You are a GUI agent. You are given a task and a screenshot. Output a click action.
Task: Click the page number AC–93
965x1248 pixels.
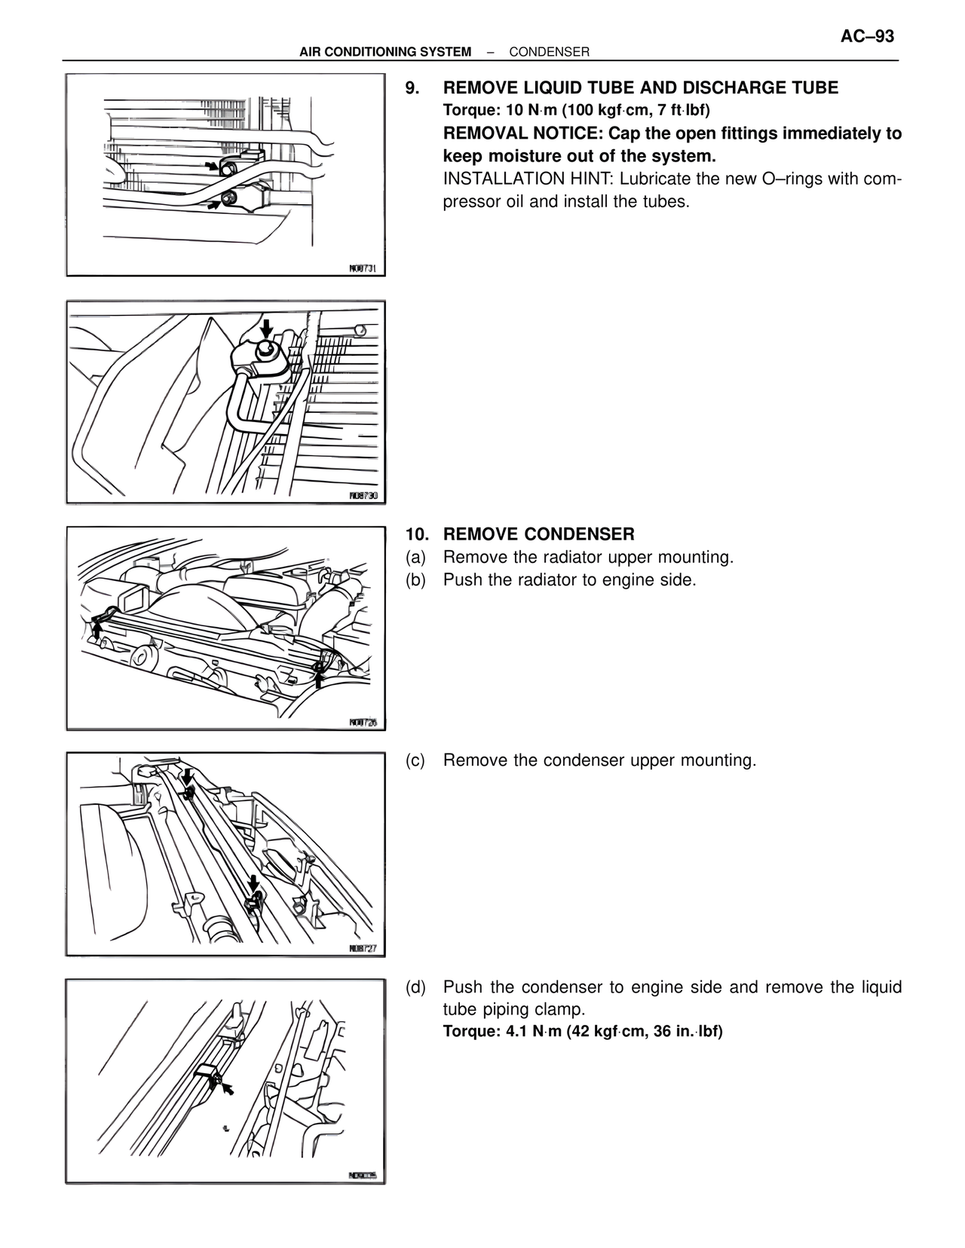866,36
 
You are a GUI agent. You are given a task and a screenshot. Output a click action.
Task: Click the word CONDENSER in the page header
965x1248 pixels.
549,52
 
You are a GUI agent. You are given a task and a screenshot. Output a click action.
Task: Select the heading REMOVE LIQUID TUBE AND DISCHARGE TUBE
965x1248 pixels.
640,88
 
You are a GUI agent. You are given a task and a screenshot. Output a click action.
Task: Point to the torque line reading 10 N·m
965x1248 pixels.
576,111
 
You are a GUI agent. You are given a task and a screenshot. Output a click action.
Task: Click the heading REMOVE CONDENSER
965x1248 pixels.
538,534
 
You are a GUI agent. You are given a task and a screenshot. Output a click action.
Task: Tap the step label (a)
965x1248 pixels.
415,558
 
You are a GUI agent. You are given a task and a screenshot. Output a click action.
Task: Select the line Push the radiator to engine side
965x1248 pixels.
569,580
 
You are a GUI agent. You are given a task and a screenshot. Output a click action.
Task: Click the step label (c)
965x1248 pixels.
415,760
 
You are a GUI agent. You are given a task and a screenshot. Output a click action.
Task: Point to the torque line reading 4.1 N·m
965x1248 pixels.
582,1031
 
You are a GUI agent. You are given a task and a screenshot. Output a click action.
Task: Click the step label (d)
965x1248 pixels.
415,987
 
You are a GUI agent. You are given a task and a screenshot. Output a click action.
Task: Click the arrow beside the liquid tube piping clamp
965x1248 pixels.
227,1088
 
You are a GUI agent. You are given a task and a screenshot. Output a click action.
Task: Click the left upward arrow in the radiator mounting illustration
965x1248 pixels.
97,625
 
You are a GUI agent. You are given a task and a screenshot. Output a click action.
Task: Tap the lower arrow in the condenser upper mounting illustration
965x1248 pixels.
253,882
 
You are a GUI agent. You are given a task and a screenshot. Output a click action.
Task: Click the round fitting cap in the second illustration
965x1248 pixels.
265,350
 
